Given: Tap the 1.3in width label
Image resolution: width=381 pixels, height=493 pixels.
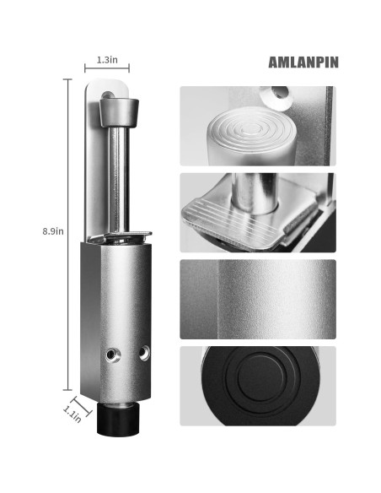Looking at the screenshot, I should pyautogui.click(x=106, y=60).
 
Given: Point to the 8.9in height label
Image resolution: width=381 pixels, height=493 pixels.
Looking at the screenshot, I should pyautogui.click(x=52, y=230).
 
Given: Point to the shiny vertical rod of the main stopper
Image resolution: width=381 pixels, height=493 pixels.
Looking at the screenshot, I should pyautogui.click(x=119, y=177).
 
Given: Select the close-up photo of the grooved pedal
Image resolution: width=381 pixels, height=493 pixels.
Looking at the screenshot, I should pyautogui.click(x=257, y=212).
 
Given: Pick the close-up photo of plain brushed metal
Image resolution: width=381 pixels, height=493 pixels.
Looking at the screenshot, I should pyautogui.click(x=257, y=298).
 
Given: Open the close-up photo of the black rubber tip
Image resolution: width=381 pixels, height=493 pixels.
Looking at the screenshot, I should pyautogui.click(x=257, y=385).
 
